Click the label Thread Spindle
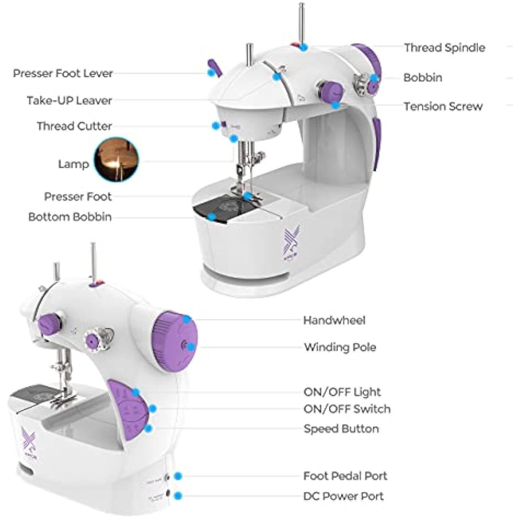point(445,48)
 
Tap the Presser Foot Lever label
point(63,74)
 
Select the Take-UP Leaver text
point(69,100)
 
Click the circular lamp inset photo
point(116,160)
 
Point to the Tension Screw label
point(443,106)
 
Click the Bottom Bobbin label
point(70,217)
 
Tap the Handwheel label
point(334,320)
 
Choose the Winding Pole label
point(340,347)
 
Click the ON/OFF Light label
point(342,392)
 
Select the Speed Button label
point(341,429)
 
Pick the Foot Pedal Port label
point(345,475)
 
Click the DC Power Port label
point(344,496)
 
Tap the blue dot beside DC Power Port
point(179,496)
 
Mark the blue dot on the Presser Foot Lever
point(211,73)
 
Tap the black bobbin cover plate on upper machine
point(224,209)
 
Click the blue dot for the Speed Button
point(149,428)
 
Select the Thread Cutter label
point(74,126)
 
